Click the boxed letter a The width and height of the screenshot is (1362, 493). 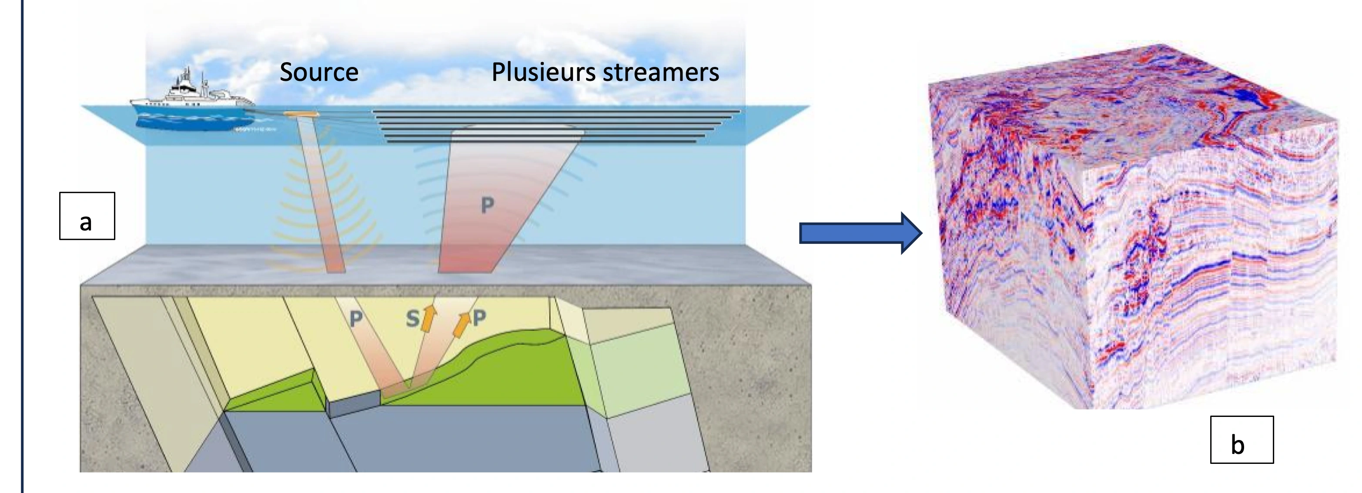(x=87, y=216)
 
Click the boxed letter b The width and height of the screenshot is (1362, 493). (x=1242, y=440)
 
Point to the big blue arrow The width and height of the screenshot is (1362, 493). (x=861, y=233)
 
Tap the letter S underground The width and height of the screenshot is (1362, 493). (x=412, y=319)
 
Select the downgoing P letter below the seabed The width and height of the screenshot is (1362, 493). (x=356, y=318)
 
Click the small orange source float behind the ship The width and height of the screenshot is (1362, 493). (x=300, y=113)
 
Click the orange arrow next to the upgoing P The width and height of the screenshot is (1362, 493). (x=463, y=324)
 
